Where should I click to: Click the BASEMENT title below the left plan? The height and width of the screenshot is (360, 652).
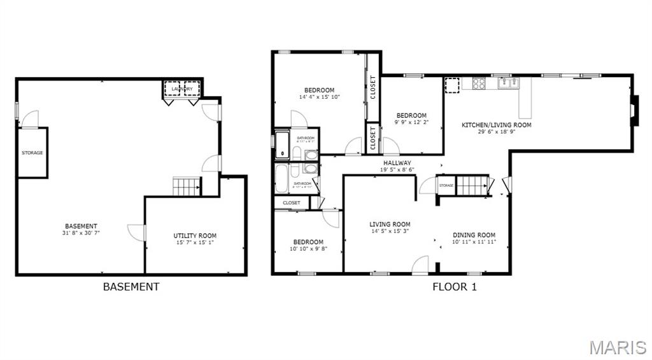(131, 287)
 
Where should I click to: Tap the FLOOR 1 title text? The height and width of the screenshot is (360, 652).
(455, 287)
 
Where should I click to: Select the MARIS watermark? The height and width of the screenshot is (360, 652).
(617, 347)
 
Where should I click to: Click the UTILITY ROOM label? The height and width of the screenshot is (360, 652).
(195, 236)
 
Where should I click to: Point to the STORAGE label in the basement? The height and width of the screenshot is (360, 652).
(32, 153)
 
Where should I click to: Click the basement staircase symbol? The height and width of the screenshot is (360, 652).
(187, 187)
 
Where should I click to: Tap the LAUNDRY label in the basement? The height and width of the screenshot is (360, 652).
(182, 89)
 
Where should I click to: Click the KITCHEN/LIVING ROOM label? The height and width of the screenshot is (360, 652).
(496, 125)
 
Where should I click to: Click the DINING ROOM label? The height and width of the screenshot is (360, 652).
(474, 235)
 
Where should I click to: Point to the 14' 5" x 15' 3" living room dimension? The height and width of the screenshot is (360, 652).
(390, 231)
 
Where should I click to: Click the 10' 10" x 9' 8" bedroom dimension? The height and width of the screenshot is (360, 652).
(308, 249)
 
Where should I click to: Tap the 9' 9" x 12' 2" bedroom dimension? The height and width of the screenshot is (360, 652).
(411, 122)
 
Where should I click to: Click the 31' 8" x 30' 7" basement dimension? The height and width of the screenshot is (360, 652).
(81, 233)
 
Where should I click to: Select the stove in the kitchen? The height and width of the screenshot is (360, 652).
(478, 83)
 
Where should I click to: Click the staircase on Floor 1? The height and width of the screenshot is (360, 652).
(471, 185)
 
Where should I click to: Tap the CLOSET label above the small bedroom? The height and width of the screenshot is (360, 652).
(292, 203)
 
